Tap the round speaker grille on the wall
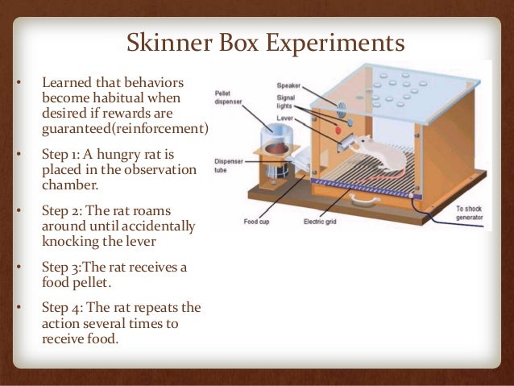[x=337, y=106]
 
